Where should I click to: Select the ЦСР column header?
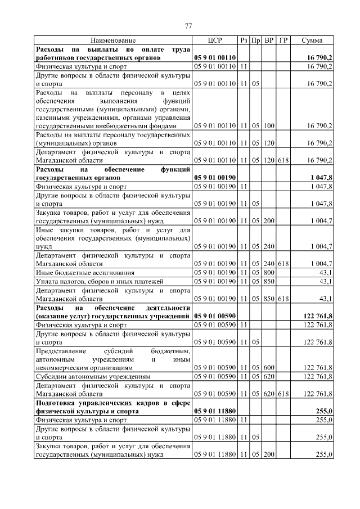[x=215, y=40]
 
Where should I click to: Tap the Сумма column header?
[x=312, y=40]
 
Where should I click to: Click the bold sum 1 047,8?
[x=321, y=177]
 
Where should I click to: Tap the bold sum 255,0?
[x=323, y=411]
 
